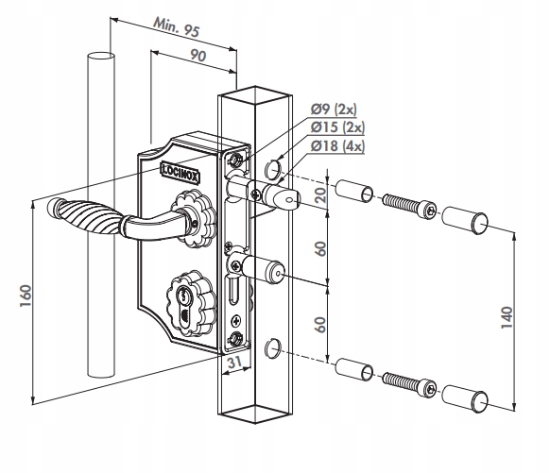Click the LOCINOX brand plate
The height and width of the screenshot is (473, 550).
180,173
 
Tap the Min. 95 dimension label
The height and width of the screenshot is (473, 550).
177,27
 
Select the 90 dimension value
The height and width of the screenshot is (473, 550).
198,56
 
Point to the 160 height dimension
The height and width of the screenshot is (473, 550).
26,296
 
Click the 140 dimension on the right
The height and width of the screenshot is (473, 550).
507,317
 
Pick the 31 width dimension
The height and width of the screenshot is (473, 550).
235,362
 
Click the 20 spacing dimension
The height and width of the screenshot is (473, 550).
320,194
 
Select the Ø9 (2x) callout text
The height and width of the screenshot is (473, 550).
334,110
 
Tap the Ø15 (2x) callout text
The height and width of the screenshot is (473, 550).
337,127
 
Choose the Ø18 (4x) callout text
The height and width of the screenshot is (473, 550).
337,145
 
